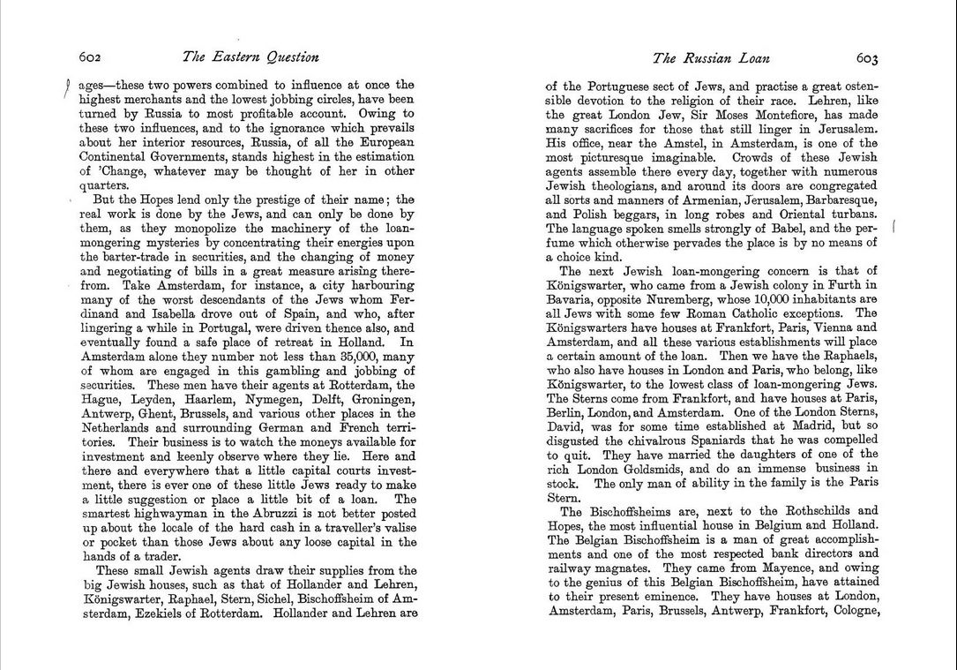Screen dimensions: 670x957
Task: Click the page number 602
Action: tap(91, 57)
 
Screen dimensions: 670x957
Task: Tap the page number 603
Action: tap(866, 58)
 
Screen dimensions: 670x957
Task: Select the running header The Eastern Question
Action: tap(250, 57)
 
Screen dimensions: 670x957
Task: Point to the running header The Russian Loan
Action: tap(711, 58)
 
